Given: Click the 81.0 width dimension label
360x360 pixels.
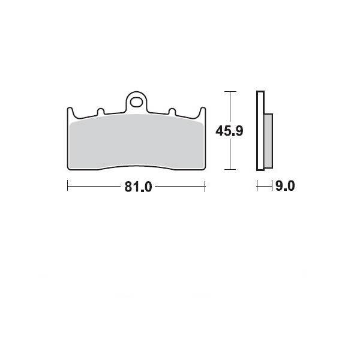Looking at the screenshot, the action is (x=138, y=187).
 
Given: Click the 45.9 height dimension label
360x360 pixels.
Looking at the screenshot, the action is (x=229, y=131).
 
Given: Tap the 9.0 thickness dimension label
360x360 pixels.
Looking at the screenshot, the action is (x=285, y=186).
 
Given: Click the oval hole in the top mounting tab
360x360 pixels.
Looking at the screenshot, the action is (x=136, y=102).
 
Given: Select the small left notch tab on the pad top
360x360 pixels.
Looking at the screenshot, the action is (x=101, y=112).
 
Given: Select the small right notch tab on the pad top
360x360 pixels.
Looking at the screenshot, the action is (x=172, y=112).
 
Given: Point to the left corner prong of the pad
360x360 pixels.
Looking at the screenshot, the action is (x=70, y=112).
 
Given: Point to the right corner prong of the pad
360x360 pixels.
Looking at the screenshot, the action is (x=202, y=112).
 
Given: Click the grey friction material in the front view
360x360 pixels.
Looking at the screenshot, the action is (x=136, y=142).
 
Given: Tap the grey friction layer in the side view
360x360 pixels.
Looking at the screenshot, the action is (x=268, y=141).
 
